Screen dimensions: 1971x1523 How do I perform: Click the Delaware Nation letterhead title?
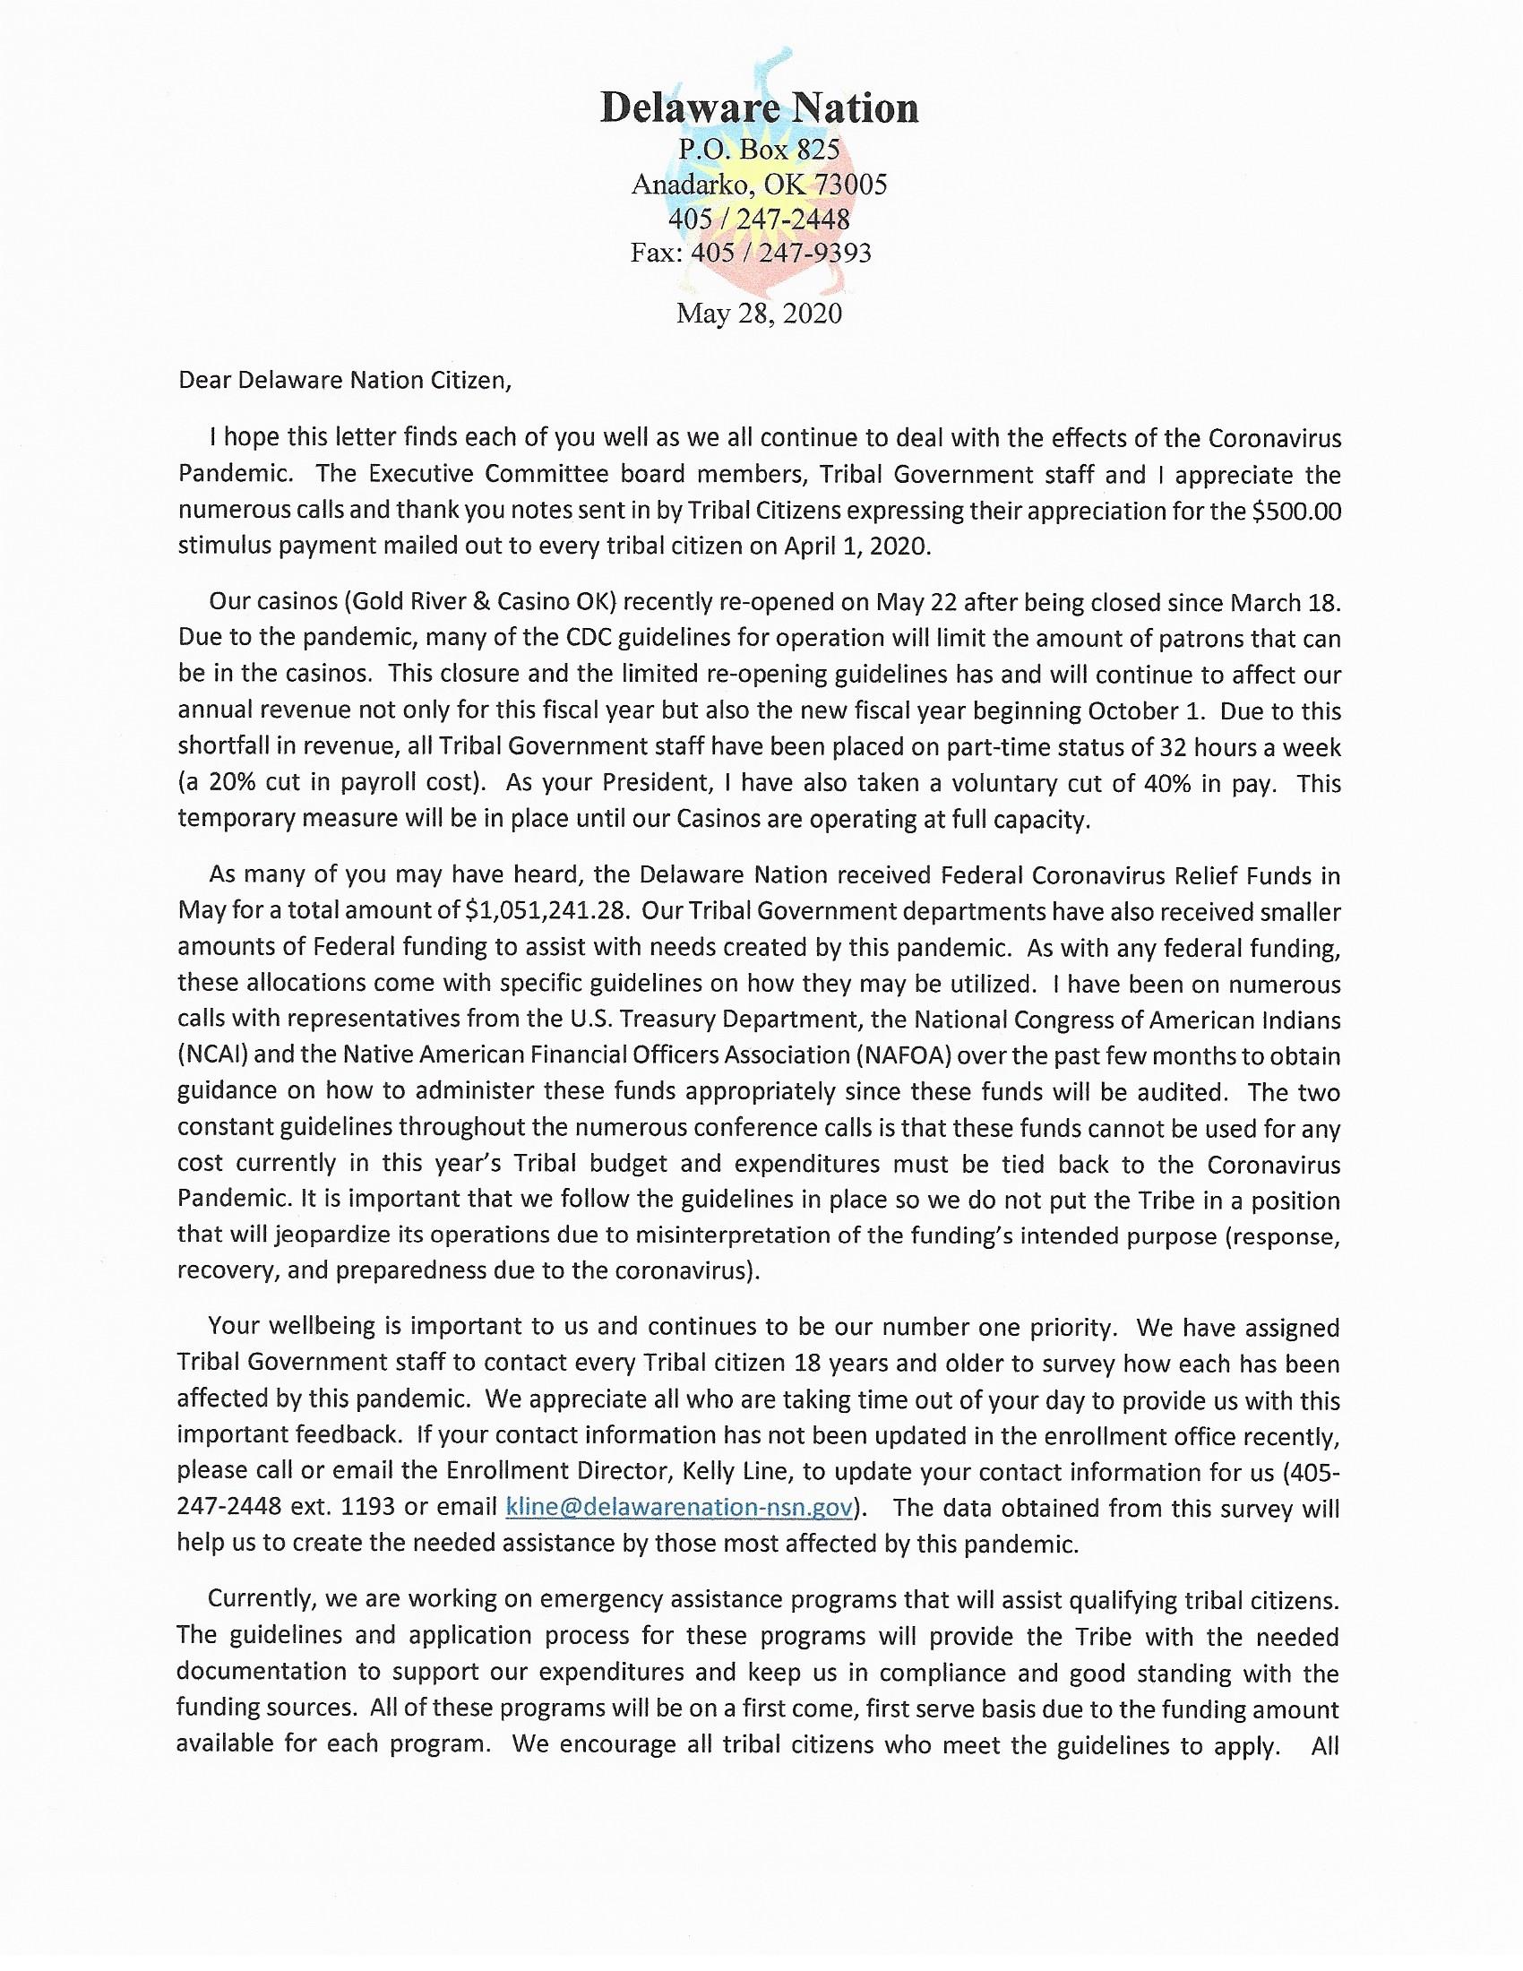tap(759, 108)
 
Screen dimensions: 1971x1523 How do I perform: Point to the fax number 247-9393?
tap(814, 253)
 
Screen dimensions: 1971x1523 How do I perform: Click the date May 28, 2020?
tap(759, 314)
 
